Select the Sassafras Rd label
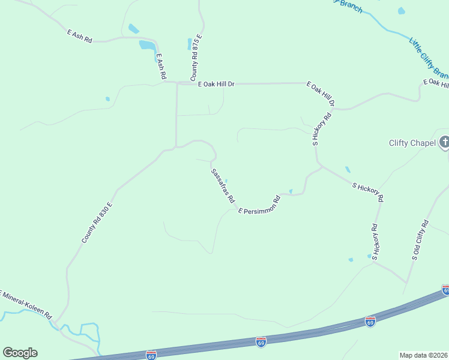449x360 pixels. tap(222, 186)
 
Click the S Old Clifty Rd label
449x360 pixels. tap(420, 240)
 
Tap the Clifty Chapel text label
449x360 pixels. tap(412, 143)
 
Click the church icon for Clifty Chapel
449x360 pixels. tap(444, 142)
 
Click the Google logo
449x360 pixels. tap(20, 353)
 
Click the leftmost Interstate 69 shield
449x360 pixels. tap(151, 355)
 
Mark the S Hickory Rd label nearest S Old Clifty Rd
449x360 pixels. tap(375, 242)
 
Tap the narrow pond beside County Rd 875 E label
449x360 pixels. tap(190, 44)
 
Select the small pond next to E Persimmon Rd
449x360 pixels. tap(291, 191)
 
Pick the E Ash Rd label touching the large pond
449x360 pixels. tap(160, 67)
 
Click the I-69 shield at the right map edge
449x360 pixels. tap(445, 290)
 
